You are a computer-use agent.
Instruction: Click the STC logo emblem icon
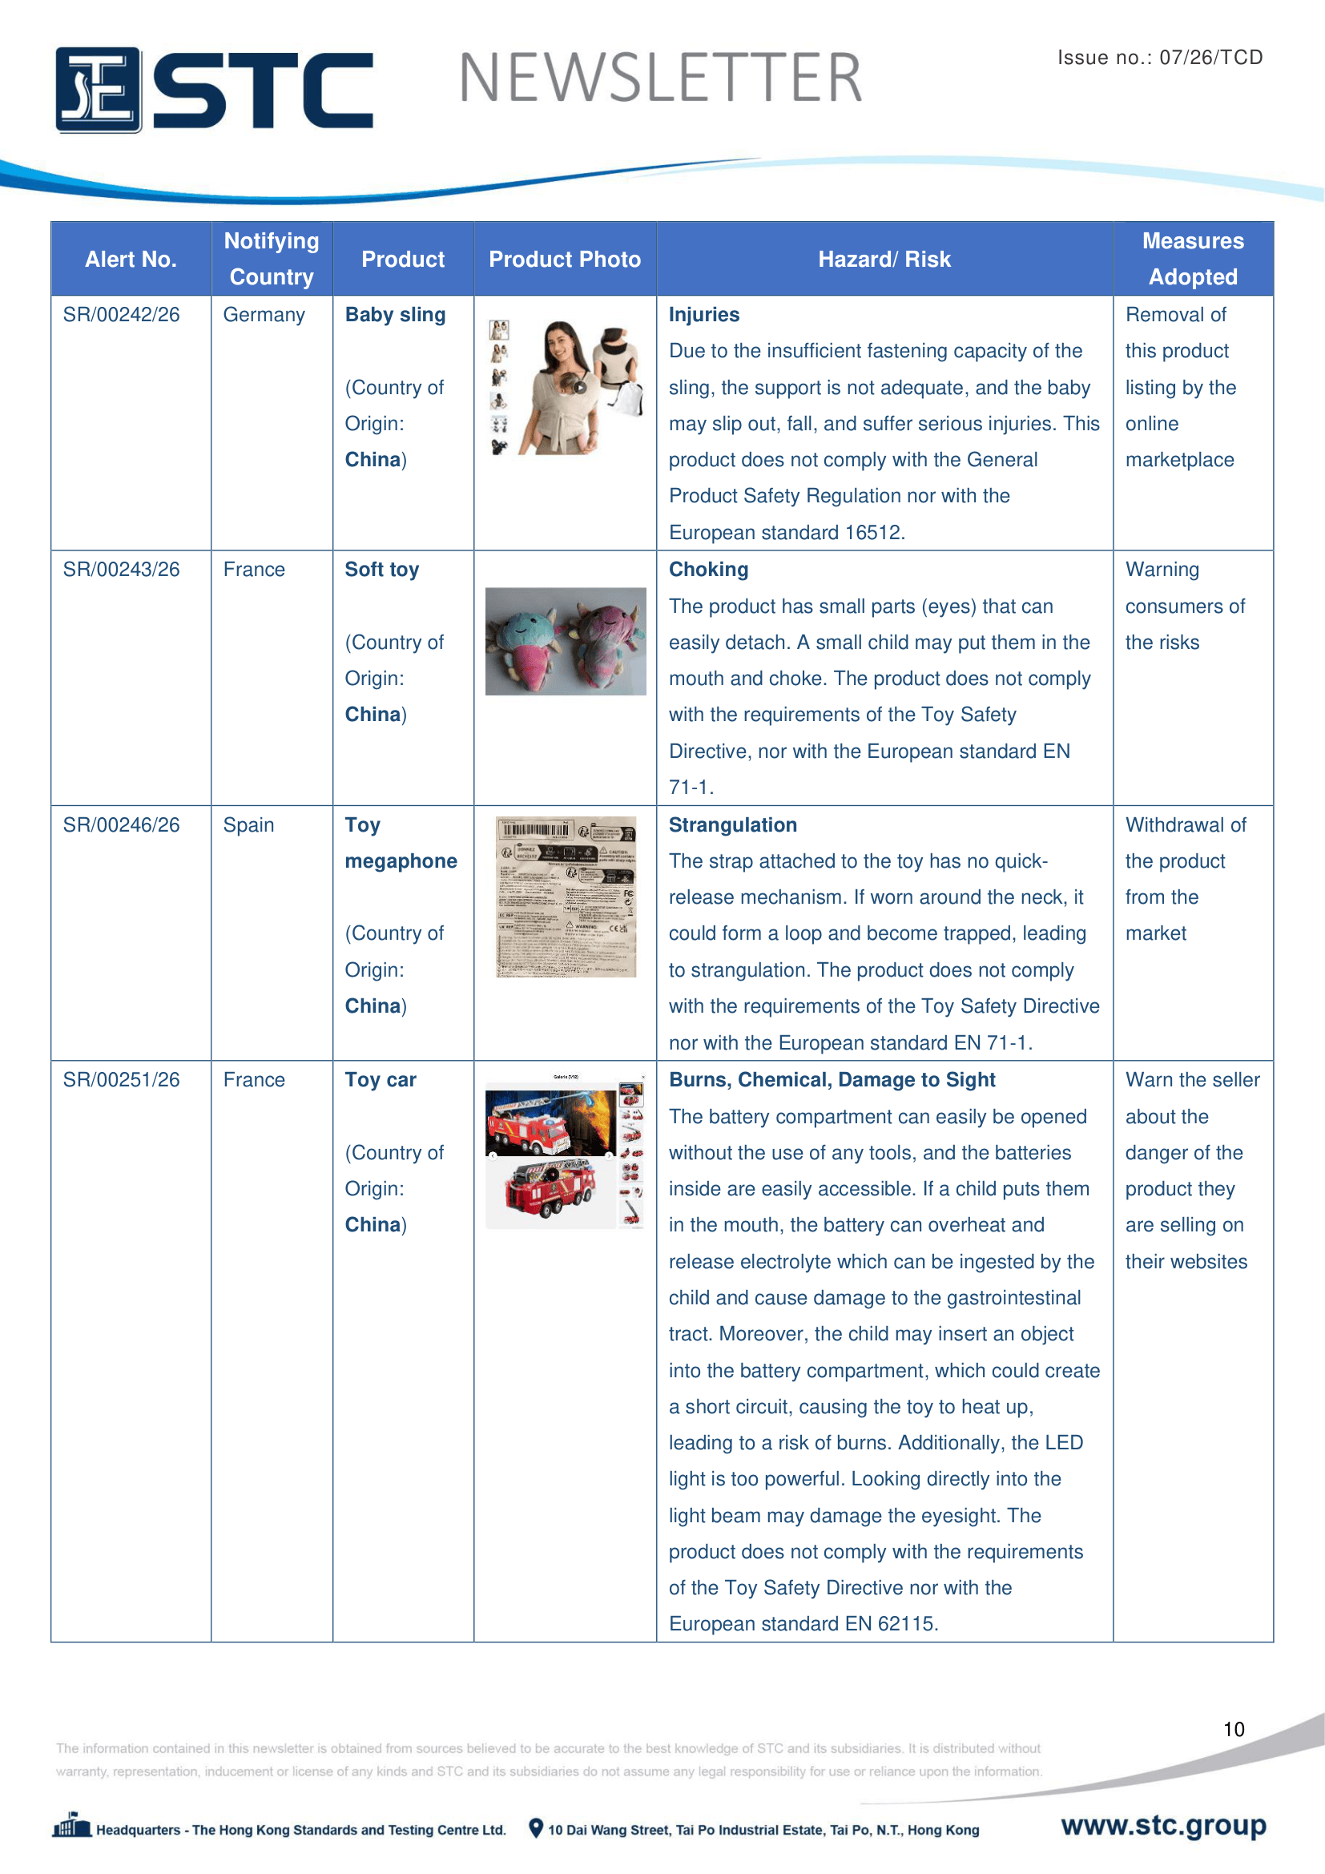click(x=98, y=90)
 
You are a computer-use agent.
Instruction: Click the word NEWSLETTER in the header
click(x=660, y=79)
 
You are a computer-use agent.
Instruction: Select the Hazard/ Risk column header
click(x=884, y=260)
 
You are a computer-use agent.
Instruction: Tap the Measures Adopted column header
click(x=1192, y=259)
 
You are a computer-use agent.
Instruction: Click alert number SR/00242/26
click(x=122, y=315)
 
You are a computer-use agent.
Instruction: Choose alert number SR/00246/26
click(x=122, y=825)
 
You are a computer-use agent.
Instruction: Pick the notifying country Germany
click(x=264, y=315)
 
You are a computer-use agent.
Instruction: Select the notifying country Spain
click(x=249, y=825)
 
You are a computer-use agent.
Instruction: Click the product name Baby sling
click(x=395, y=315)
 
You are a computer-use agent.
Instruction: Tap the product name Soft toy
click(x=382, y=570)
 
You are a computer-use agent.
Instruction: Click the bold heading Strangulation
click(x=733, y=825)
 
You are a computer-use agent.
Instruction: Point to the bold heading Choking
click(x=708, y=570)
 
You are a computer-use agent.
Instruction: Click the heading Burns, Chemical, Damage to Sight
click(x=832, y=1080)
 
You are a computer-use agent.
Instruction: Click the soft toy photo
click(x=566, y=642)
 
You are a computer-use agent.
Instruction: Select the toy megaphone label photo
click(x=566, y=897)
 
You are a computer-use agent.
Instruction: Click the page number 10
click(x=1234, y=1729)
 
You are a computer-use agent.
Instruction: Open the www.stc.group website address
click(x=1163, y=1825)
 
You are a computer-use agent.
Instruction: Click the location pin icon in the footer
click(x=536, y=1828)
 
